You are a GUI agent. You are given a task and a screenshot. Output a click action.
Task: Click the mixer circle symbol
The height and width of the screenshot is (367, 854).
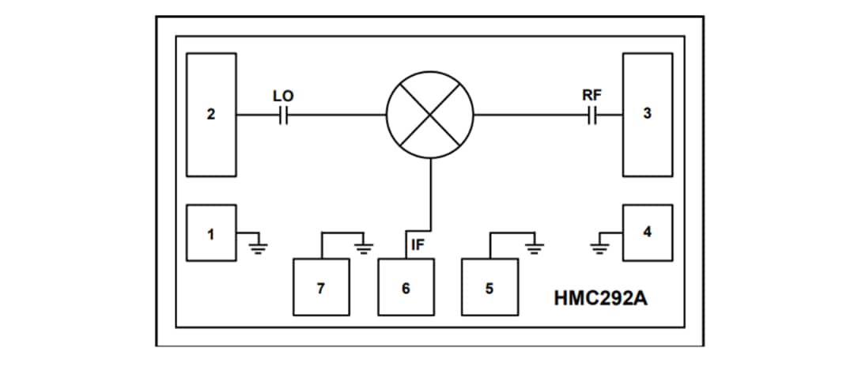(x=429, y=115)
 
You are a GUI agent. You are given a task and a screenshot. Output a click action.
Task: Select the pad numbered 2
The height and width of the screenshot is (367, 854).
(x=211, y=114)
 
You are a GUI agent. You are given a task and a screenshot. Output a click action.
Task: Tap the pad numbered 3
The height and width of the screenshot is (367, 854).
(x=647, y=114)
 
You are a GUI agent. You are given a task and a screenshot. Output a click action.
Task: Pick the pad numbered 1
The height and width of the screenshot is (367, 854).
(x=211, y=233)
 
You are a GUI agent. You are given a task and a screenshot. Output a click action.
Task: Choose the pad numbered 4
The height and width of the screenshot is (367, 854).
(x=647, y=233)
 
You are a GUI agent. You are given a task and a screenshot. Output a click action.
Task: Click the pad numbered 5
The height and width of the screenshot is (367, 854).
(x=489, y=287)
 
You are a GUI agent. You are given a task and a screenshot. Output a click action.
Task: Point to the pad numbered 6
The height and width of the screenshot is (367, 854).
(x=406, y=287)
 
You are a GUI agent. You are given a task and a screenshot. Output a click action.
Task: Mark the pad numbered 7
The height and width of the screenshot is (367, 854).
(x=321, y=287)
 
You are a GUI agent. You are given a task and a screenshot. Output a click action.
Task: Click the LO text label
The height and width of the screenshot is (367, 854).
(x=283, y=96)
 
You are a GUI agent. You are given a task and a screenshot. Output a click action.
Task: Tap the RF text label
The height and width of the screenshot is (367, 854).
(x=592, y=95)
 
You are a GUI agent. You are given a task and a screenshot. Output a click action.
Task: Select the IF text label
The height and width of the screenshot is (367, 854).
(x=419, y=244)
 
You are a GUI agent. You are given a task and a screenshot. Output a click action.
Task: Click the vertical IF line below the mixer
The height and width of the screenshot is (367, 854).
(x=430, y=190)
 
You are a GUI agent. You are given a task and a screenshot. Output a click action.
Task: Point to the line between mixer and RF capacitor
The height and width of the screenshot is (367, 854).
(x=530, y=115)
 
